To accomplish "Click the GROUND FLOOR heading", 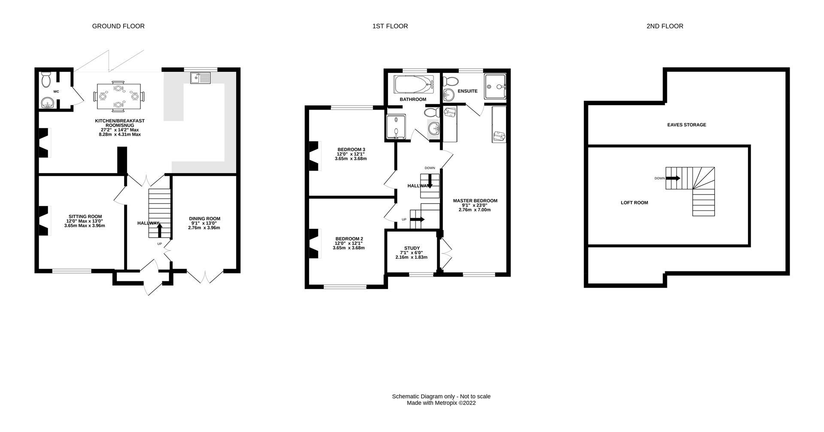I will coord(118,26).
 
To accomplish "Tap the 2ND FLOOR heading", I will coord(664,26).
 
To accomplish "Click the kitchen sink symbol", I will coord(200,78).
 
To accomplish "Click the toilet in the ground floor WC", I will coord(46,79).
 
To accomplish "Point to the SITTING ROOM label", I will coord(85,216).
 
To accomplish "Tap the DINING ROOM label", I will coord(204,219).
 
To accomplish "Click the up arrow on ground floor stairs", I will coord(160,230).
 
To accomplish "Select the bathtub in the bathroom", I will coord(414,85).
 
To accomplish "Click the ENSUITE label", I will coord(467,91).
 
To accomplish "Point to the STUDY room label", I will coord(412,248).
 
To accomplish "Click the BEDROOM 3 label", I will coord(351,149).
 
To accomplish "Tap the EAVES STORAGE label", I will coord(686,125).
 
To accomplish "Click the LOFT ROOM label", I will coord(634,203).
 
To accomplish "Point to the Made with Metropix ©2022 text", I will coord(441,403).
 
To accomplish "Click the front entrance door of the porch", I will coord(153,283).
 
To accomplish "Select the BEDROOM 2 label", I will coord(349,239).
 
